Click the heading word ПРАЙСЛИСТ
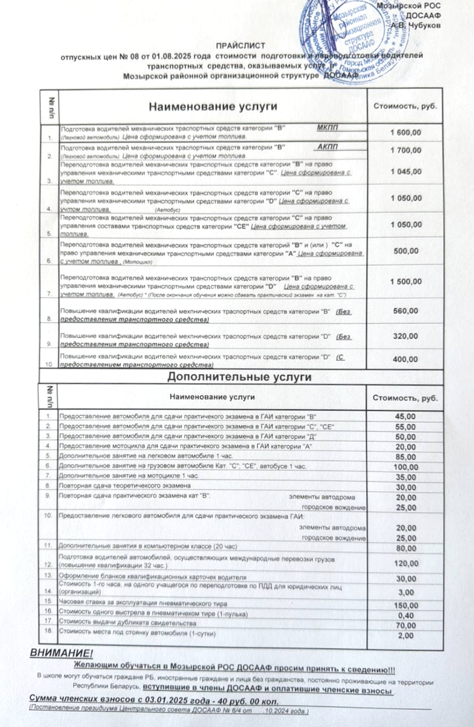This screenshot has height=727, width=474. [240, 45]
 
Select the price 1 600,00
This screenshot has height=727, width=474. [405, 132]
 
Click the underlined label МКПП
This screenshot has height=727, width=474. [327, 128]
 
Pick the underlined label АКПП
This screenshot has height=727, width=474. [327, 147]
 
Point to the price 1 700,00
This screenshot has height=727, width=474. [405, 150]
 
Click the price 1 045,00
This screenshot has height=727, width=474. [405, 172]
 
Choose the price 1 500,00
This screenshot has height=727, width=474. [405, 282]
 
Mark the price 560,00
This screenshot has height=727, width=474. [405, 311]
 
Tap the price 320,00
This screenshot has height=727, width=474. [405, 336]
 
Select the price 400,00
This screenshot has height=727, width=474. [405, 359]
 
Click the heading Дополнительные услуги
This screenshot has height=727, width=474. [239, 377]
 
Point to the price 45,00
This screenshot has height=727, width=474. [405, 417]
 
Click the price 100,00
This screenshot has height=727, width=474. [405, 467]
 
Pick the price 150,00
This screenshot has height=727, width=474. [405, 606]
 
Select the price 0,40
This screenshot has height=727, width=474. [405, 616]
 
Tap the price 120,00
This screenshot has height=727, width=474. [405, 563]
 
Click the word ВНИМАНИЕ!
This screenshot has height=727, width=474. [61, 653]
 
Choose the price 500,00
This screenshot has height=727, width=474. [405, 251]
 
